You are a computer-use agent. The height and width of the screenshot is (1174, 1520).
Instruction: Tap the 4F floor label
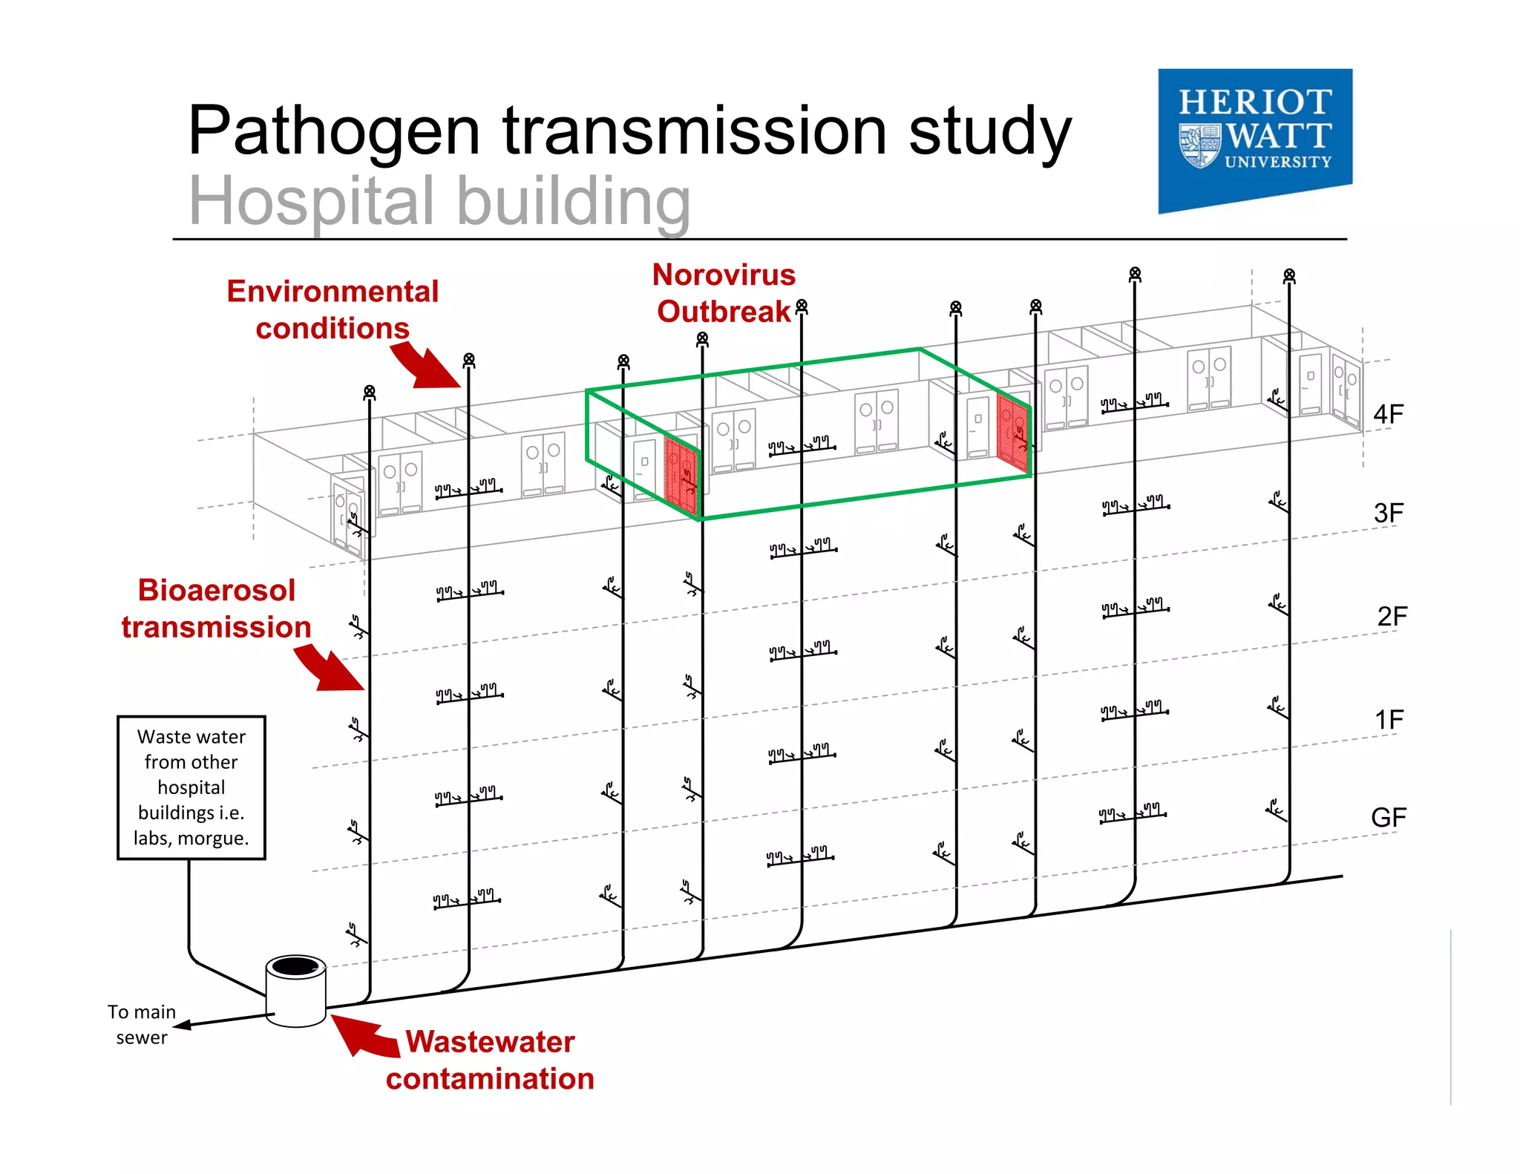pos(1388,413)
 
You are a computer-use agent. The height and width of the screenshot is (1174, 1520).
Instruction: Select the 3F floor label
pos(1388,513)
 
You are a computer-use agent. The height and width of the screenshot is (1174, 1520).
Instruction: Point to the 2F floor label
pos(1392,616)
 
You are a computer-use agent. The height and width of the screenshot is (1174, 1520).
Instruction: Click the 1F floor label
pos(1389,719)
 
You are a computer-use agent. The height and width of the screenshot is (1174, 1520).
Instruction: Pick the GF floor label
pos(1388,818)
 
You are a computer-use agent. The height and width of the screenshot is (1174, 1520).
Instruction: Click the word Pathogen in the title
pos(334,131)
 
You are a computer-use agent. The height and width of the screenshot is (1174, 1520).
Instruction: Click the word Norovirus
pos(724,275)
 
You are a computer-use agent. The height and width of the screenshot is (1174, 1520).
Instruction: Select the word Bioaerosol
pos(216,591)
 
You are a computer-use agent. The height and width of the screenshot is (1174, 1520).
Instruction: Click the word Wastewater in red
pos(490,1042)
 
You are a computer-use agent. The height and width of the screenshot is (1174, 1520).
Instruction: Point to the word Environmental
pos(332,292)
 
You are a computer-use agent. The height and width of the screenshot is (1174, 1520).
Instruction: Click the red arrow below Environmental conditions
pos(427,366)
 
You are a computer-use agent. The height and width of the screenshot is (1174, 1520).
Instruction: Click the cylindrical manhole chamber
pos(295,991)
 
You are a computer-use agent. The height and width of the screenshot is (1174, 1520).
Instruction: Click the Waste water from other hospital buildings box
pos(191,787)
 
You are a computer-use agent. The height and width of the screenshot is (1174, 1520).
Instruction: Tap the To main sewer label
pos(142,1024)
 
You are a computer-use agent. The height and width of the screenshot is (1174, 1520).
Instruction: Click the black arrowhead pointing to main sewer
pos(182,1025)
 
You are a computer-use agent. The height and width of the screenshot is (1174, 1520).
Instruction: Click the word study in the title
pos(990,131)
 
